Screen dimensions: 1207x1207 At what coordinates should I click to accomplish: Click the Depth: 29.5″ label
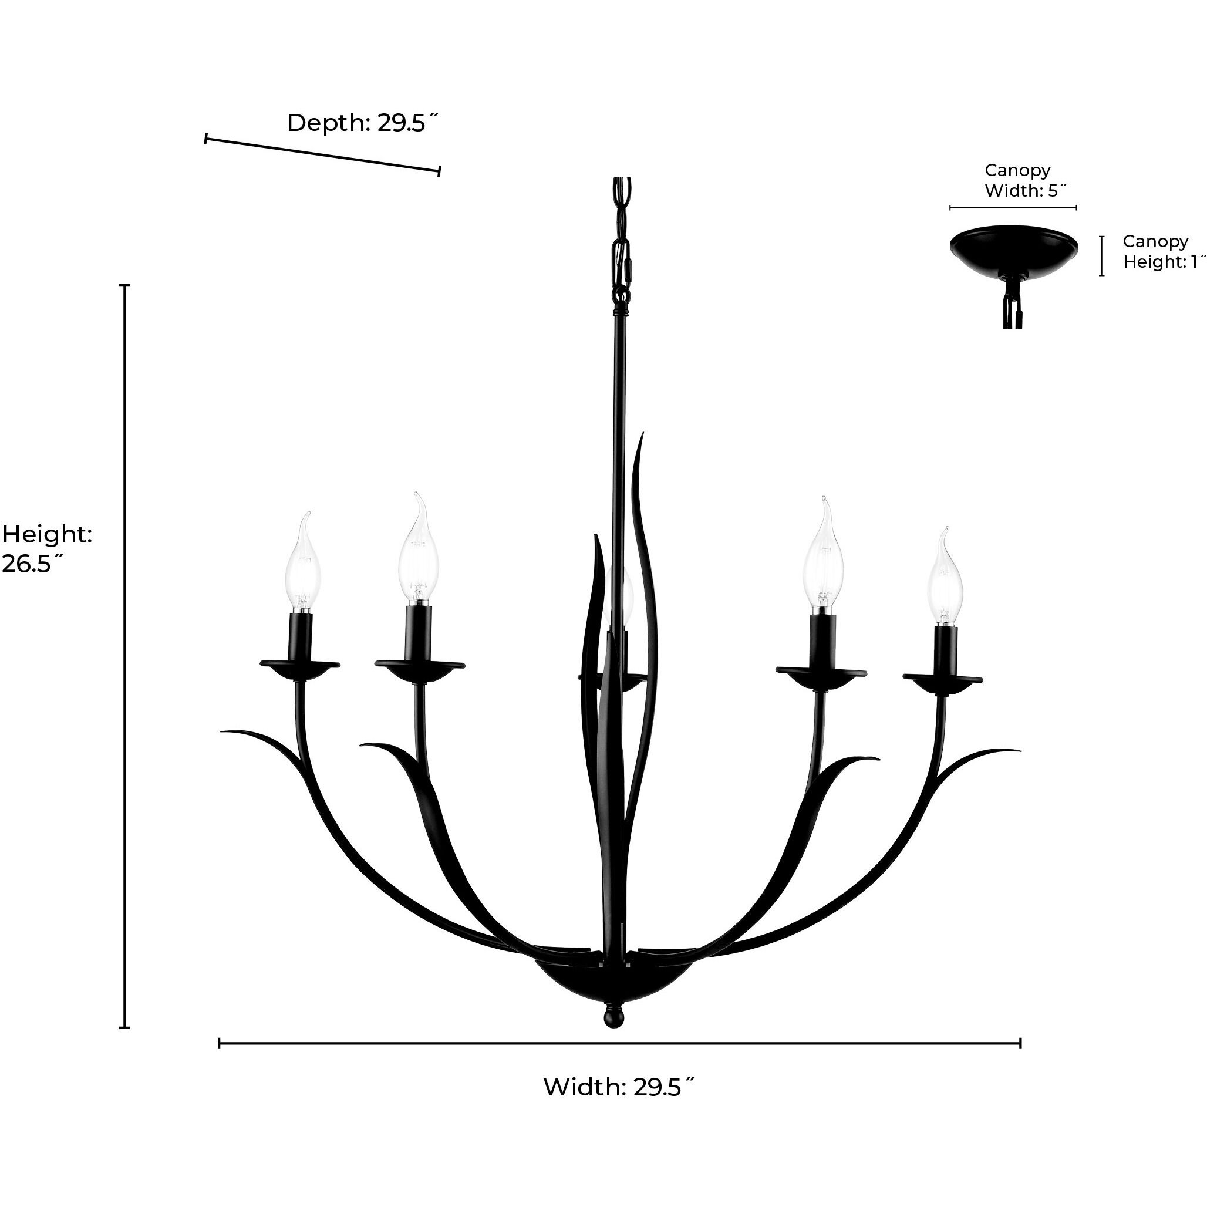tap(363, 123)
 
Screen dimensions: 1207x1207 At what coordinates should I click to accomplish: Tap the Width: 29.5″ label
tap(619, 1087)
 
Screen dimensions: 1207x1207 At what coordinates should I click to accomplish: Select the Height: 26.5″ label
tap(47, 548)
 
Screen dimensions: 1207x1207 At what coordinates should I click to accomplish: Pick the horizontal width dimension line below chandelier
tap(619, 1043)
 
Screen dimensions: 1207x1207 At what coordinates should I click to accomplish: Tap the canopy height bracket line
tap(1102, 255)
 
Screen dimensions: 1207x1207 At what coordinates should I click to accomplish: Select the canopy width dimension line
tap(1013, 207)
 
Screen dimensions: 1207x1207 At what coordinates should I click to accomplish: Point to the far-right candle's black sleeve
tap(945, 650)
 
